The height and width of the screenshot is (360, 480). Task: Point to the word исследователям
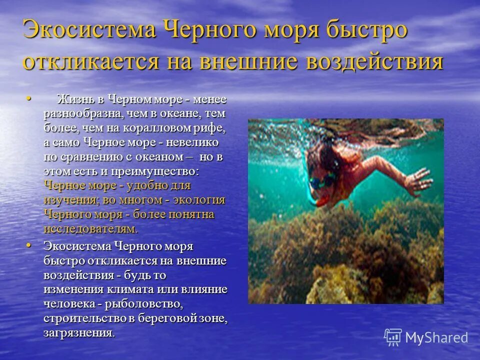90,229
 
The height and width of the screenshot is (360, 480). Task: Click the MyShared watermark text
436,337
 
